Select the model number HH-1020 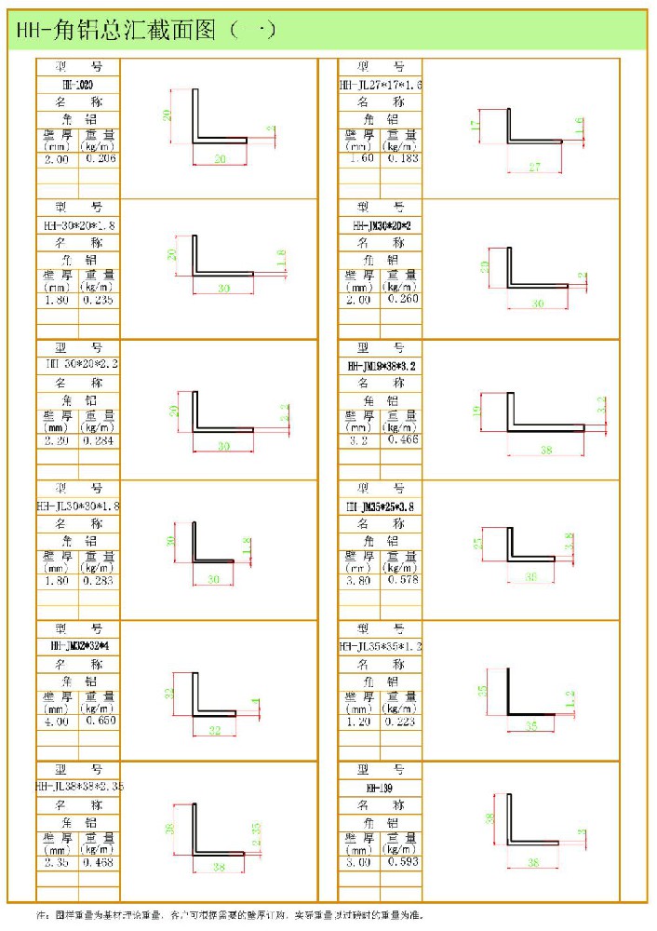click(78, 85)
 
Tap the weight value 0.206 click(99, 159)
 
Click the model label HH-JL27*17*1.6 click(380, 85)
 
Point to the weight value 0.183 click(401, 159)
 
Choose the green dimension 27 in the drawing click(534, 167)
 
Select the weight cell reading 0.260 click(401, 300)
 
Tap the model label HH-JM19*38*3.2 click(380, 366)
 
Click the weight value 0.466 click(401, 439)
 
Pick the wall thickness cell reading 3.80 click(359, 580)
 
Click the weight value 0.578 click(401, 580)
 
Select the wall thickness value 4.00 click(57, 721)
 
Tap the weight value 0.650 click(99, 721)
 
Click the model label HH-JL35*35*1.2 click(380, 646)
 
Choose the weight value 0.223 click(401, 721)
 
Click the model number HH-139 click(380, 788)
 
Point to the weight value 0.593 click(401, 862)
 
